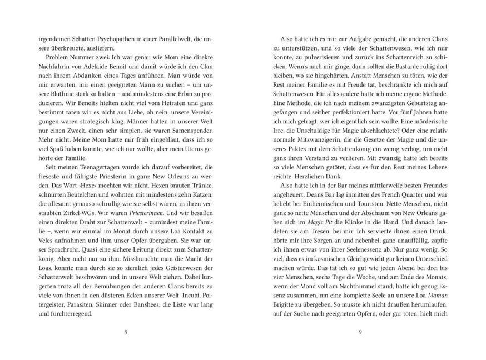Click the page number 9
coord(360,332)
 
